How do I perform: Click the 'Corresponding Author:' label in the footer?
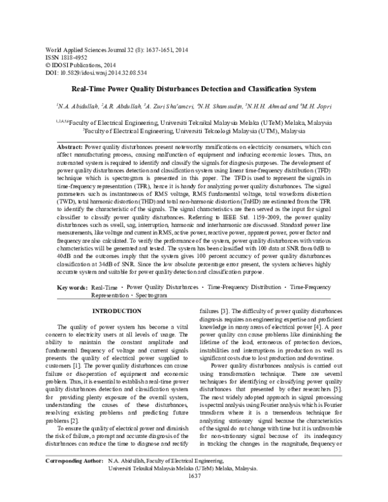[x=72, y=480]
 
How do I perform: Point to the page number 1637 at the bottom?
[x=194, y=494]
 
